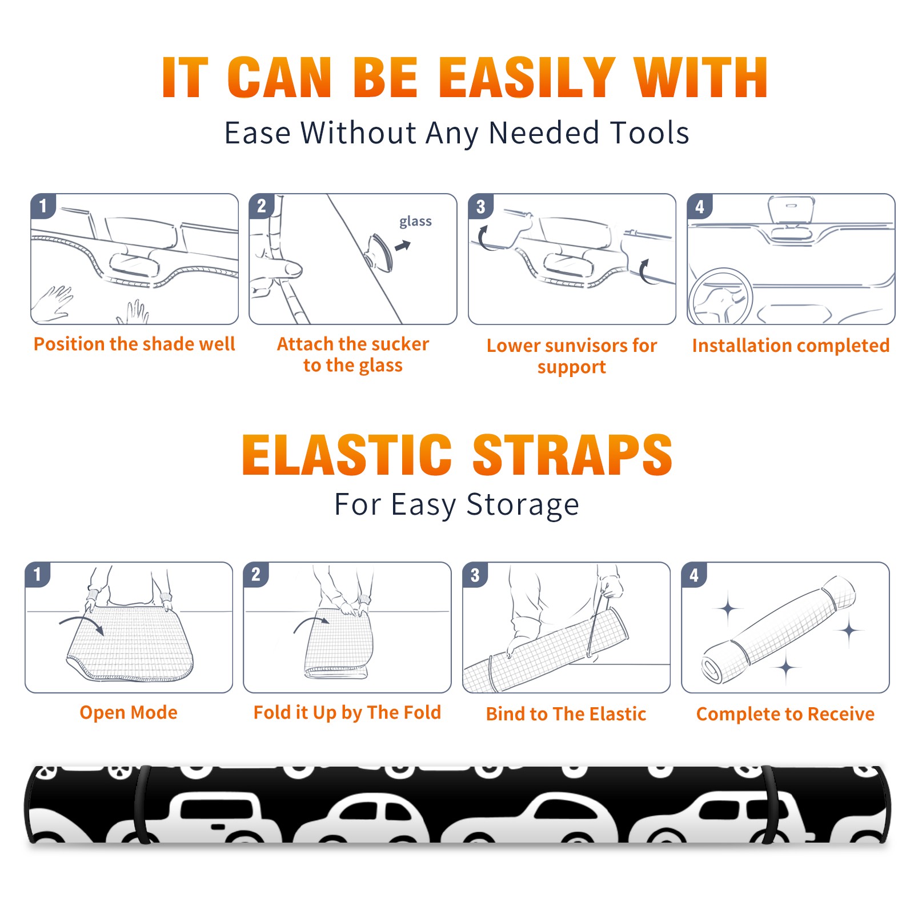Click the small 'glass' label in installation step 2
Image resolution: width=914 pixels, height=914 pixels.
(x=415, y=222)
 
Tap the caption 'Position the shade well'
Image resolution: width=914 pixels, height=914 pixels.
(x=134, y=344)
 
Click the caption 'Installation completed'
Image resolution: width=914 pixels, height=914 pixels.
(x=791, y=346)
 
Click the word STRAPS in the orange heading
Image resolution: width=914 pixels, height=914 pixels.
(x=572, y=455)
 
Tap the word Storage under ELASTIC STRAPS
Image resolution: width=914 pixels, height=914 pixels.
(x=523, y=505)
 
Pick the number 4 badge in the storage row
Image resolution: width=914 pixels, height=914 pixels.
(x=694, y=575)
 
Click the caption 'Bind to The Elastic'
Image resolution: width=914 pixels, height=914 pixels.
(x=566, y=714)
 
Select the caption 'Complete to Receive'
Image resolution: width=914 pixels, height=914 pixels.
(x=785, y=714)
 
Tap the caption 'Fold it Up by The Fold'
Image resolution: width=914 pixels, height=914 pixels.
(x=347, y=713)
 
